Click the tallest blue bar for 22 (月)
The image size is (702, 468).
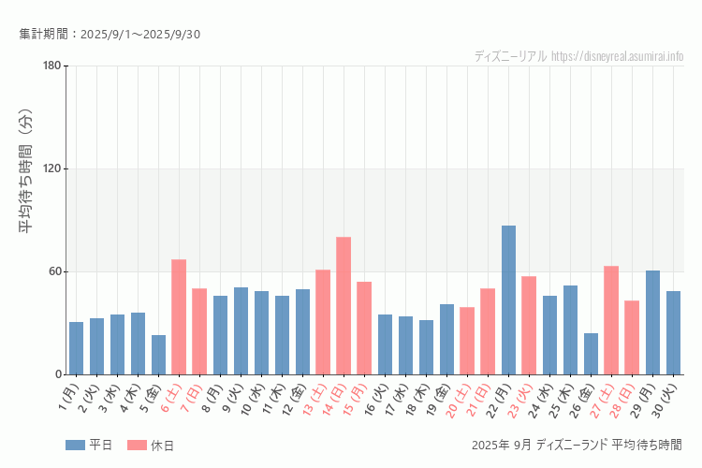[x=508, y=300]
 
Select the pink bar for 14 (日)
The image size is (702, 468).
[x=344, y=305]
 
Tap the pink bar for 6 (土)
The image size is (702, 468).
[x=179, y=316]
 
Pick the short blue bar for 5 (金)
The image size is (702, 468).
[x=158, y=355]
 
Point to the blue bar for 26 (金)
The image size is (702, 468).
[x=591, y=354]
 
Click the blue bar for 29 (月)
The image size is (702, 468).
[x=652, y=322]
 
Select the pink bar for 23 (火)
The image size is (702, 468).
[x=529, y=325]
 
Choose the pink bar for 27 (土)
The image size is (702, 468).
[x=611, y=320]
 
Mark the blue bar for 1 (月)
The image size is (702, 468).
[x=76, y=348]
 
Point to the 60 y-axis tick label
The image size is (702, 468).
[x=54, y=271]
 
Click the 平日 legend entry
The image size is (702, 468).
[x=89, y=445]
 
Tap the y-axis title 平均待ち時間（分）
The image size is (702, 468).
[x=26, y=173]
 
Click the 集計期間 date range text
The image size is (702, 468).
[x=110, y=35]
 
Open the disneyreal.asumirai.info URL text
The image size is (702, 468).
[x=618, y=56]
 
